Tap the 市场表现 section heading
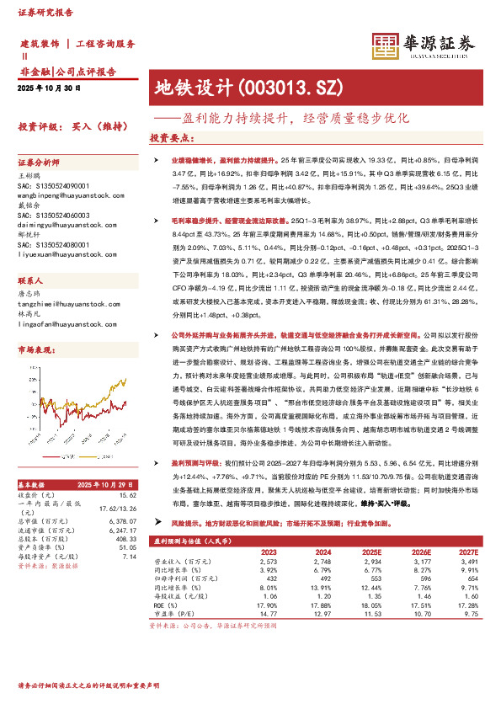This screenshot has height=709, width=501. click(34, 347)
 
